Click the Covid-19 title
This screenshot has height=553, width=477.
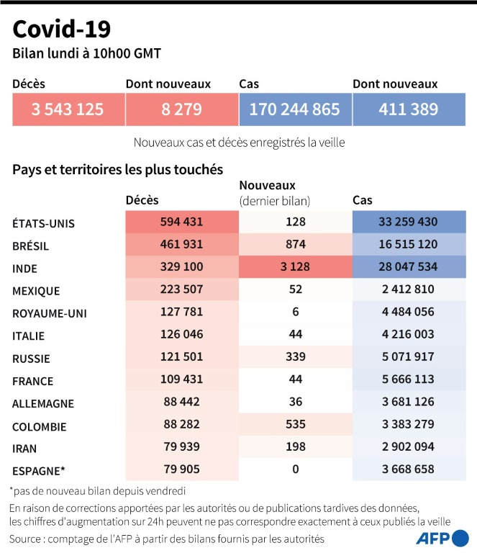(62, 29)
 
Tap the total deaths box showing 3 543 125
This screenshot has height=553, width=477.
(68, 109)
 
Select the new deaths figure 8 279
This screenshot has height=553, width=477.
(181, 109)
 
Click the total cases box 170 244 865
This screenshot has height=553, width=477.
(294, 109)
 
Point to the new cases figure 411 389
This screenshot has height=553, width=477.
(408, 109)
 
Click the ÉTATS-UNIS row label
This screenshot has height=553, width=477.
(43, 223)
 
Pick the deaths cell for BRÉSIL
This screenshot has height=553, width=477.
(181, 246)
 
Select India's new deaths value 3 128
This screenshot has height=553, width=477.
(295, 268)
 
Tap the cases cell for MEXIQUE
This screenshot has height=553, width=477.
(408, 291)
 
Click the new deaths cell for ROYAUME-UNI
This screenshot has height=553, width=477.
(295, 313)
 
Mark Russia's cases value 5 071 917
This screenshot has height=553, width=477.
(408, 359)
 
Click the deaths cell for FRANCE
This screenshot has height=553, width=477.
(181, 381)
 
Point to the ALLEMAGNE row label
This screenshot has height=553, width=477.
(42, 404)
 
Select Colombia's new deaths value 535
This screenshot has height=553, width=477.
(295, 426)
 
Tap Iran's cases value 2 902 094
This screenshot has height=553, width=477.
(408, 449)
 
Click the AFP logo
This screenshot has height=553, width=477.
(442, 539)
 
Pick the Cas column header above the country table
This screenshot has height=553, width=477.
(363, 200)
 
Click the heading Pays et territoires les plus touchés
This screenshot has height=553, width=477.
(117, 170)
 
